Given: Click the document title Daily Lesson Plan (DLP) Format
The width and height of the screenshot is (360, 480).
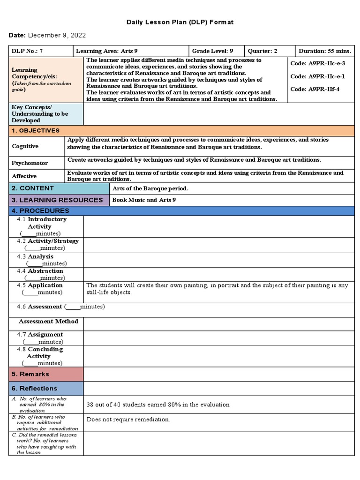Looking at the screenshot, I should [180, 22].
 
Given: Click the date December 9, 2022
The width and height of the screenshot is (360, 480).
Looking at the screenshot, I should [57, 36].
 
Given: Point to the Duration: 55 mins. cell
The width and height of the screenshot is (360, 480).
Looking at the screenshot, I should [325, 51].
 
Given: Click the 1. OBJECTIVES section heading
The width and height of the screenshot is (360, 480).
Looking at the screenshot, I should [36, 131].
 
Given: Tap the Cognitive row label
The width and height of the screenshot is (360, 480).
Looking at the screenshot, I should [25, 146].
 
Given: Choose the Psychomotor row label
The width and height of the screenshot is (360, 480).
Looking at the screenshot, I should [30, 163].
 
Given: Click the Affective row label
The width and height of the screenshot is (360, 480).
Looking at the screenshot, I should [24, 176].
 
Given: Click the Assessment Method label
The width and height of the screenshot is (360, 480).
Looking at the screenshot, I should [48, 322].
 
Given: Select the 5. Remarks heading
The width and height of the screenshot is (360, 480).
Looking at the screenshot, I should [30, 374].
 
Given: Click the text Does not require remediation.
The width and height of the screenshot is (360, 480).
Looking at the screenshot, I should [128, 420].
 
